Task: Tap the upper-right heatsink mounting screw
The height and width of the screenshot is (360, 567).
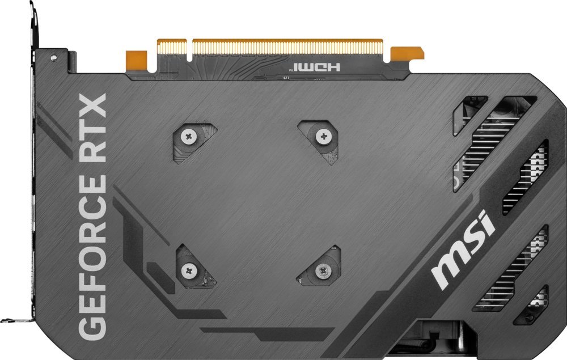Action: point(323,135)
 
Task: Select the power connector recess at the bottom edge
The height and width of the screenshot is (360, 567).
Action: point(439,337)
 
